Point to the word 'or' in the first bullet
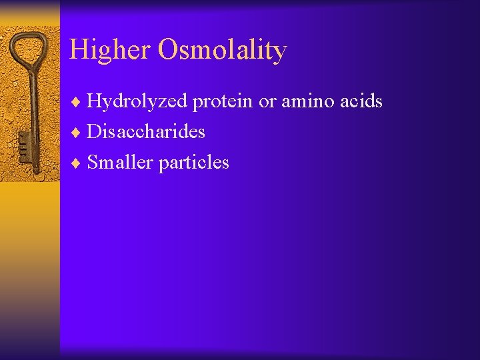[x=267, y=101]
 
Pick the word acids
[x=360, y=101]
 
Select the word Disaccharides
[x=146, y=132]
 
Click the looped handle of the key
[x=29, y=51]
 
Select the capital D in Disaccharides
[x=94, y=132]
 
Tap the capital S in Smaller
[x=93, y=163]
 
